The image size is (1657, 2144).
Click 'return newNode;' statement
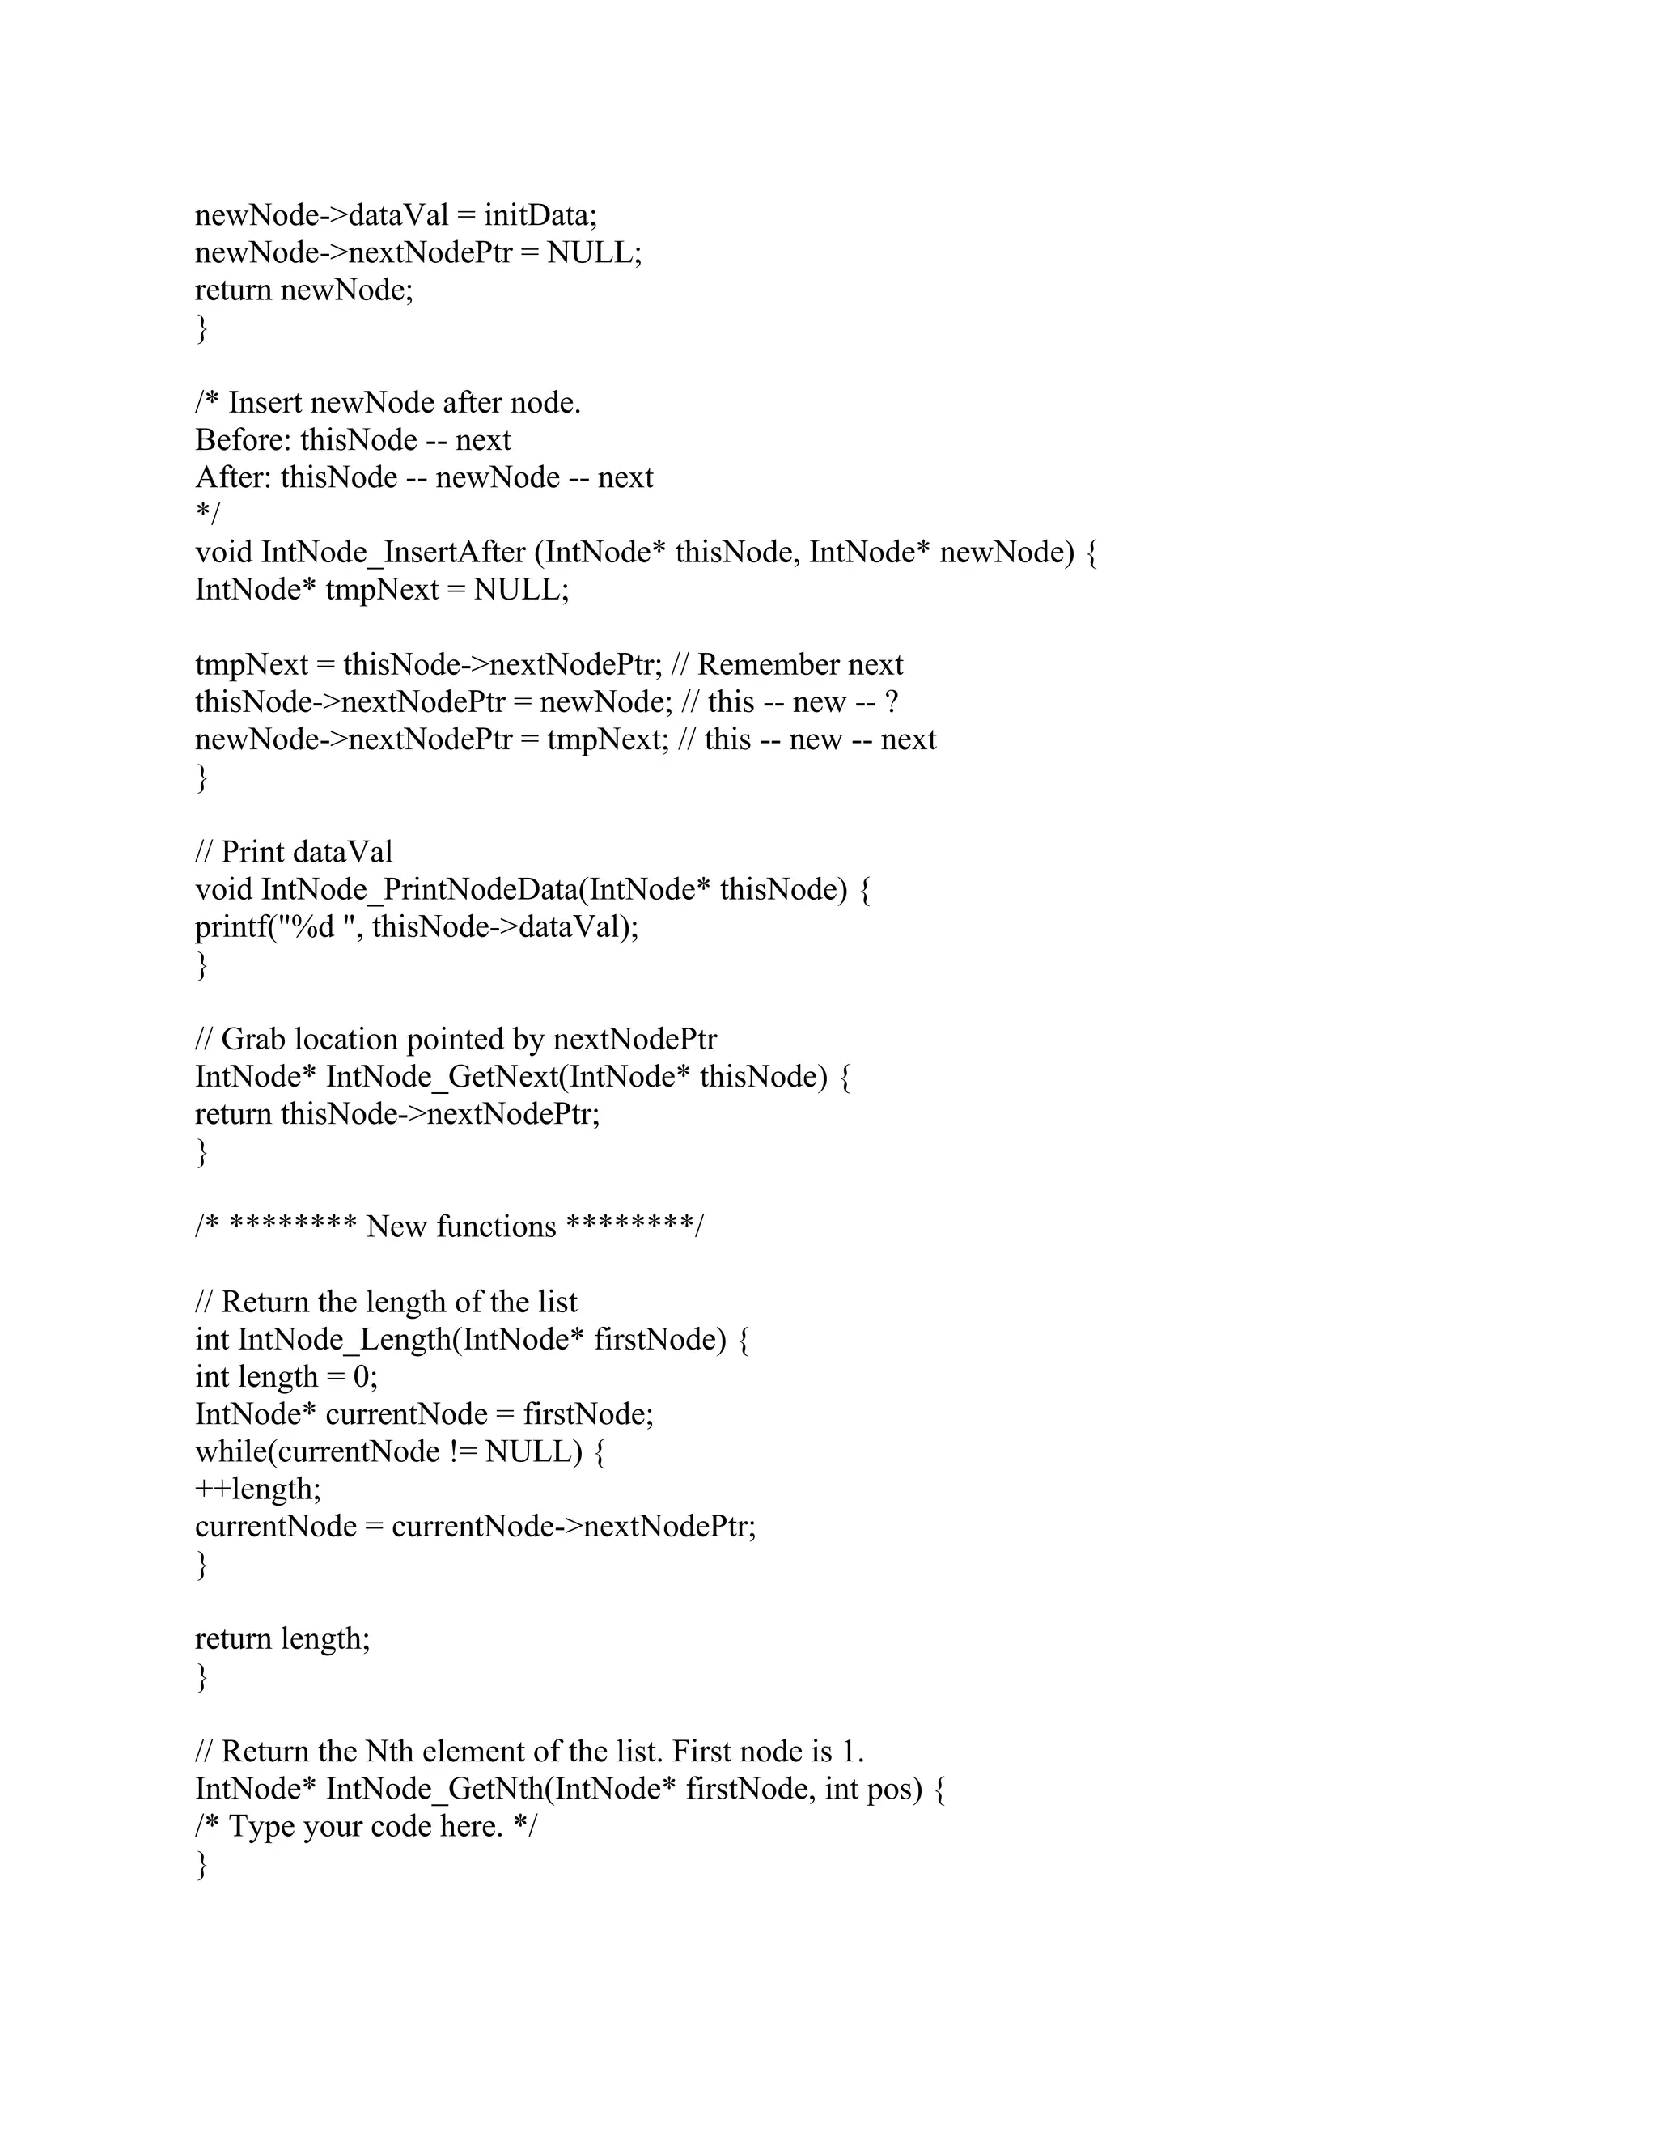(x=304, y=290)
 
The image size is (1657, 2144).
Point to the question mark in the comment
(x=892, y=702)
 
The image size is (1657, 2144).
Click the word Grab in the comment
(x=253, y=1039)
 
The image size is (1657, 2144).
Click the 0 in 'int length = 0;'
(x=361, y=1377)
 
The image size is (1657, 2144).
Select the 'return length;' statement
(x=282, y=1638)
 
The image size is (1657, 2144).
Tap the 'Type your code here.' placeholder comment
(x=365, y=1827)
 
